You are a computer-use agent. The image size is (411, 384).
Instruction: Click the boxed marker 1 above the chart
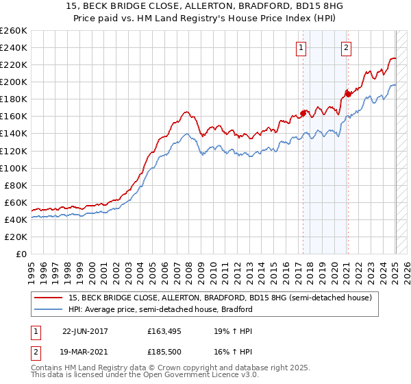click(x=302, y=47)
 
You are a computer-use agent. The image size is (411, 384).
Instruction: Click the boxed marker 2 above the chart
click(x=347, y=47)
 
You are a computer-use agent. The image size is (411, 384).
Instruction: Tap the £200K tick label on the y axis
click(x=14, y=82)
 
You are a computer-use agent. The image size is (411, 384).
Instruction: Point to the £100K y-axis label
click(x=14, y=168)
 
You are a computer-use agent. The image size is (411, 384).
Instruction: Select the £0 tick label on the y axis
click(x=22, y=254)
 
